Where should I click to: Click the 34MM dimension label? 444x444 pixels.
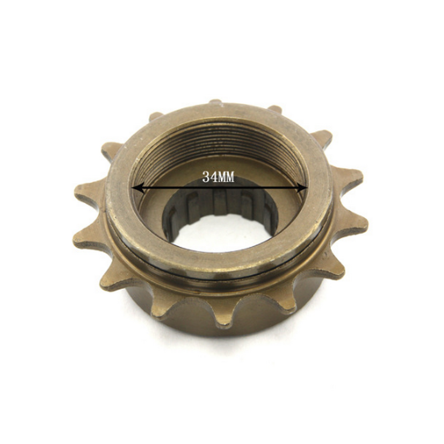[219, 178]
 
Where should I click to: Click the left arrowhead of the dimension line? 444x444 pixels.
[137, 189]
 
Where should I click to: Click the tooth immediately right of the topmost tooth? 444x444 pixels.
[274, 109]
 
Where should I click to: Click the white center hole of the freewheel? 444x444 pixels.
[222, 236]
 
